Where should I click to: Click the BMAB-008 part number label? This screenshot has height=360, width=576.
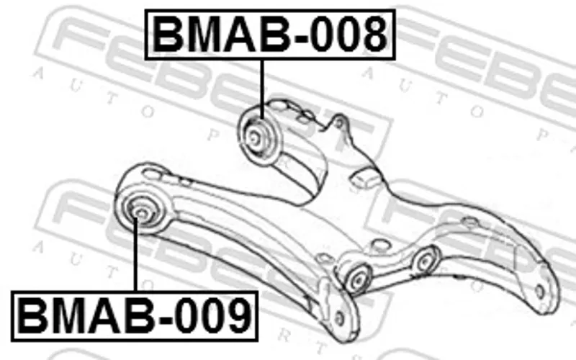270,35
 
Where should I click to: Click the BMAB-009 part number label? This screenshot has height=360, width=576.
135,316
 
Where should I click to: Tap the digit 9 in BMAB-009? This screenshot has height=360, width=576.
239,316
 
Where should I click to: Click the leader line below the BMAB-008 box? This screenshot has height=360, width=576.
262,89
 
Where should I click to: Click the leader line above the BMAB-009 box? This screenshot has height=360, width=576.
135,254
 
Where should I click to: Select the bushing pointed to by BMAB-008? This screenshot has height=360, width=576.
258,136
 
